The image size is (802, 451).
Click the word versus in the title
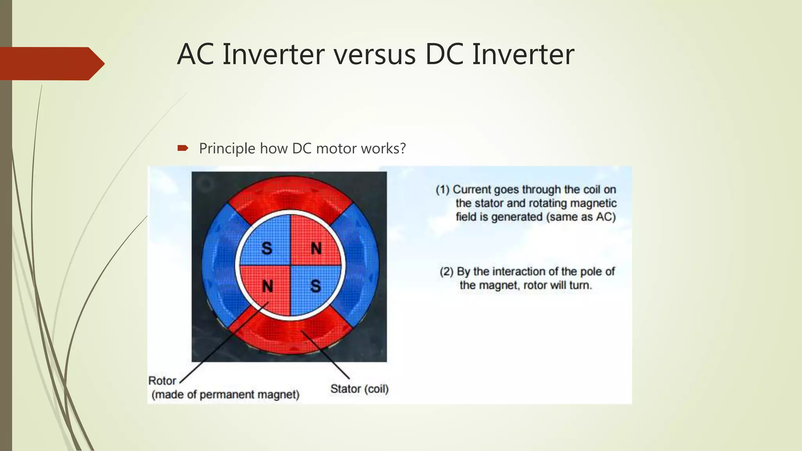(x=374, y=55)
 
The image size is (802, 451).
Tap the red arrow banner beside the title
(x=51, y=63)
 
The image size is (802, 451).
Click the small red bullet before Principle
(x=183, y=148)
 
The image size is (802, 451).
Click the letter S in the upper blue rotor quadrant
(x=266, y=248)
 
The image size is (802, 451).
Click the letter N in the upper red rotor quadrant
(x=316, y=248)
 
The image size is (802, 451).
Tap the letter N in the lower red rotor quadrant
(x=267, y=286)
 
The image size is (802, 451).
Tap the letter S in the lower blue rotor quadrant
(x=316, y=286)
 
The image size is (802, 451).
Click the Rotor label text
(x=162, y=381)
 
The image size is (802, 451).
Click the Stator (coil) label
(x=359, y=389)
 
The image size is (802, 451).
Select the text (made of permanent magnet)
(x=225, y=394)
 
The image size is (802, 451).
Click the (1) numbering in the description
(x=443, y=190)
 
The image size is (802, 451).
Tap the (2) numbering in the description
(x=446, y=272)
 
